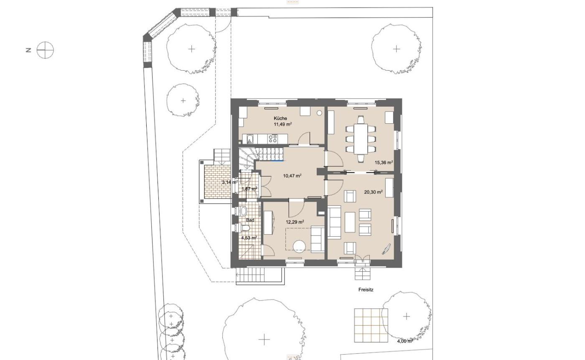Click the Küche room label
(x=280, y=118)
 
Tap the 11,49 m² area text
(x=282, y=124)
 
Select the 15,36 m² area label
(x=384, y=162)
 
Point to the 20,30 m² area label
(x=374, y=192)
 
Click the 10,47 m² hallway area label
(x=292, y=176)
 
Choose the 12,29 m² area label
(x=295, y=222)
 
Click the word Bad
(x=250, y=220)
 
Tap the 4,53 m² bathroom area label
(x=249, y=238)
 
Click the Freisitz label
(x=366, y=290)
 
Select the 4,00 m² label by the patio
(x=405, y=341)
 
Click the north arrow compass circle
(x=45, y=50)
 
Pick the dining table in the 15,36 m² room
(x=361, y=139)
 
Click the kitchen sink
(x=250, y=139)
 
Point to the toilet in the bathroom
(x=245, y=228)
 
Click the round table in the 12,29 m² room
(x=299, y=247)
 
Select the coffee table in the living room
(x=350, y=222)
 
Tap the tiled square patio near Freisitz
(x=371, y=325)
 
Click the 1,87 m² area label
(x=249, y=189)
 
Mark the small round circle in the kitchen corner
(x=319, y=113)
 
